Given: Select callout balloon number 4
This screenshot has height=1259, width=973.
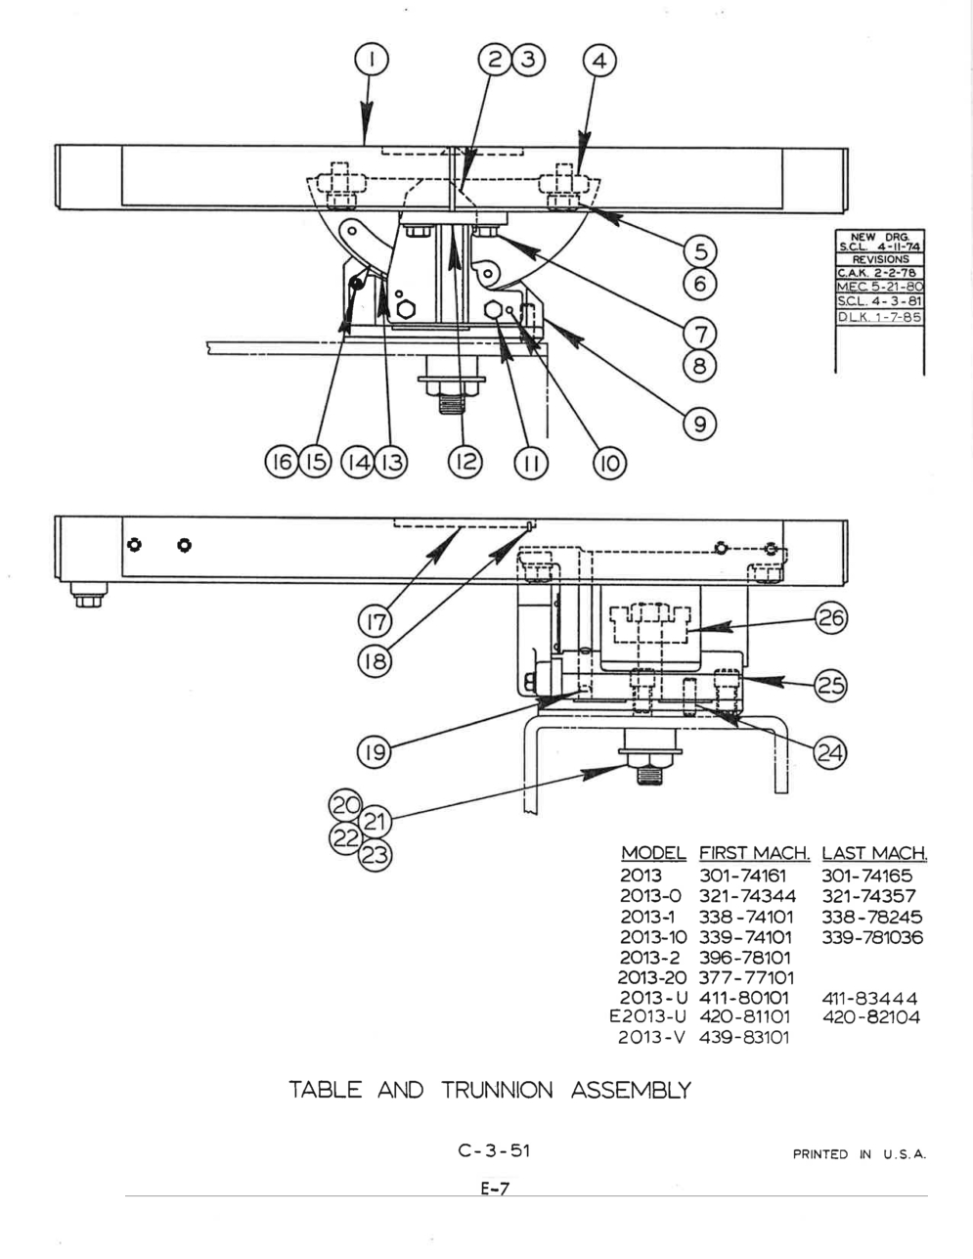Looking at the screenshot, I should tap(599, 61).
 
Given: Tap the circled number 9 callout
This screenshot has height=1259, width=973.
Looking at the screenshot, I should tap(700, 424).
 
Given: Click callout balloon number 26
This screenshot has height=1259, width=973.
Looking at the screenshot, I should tap(832, 618).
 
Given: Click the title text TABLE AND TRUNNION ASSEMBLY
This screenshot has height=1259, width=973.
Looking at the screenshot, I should tap(489, 1089).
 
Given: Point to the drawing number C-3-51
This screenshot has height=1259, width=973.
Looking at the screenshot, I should tap(494, 1150).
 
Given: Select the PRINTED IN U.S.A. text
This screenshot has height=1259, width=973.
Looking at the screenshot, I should tap(859, 1154).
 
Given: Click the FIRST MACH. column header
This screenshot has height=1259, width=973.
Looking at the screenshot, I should tap(754, 853).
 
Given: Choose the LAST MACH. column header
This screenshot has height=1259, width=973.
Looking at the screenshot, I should tap(874, 853).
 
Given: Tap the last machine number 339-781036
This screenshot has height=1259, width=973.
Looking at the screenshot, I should tap(872, 937).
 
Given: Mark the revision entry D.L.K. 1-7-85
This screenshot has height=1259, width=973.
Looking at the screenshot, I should tap(879, 317).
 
